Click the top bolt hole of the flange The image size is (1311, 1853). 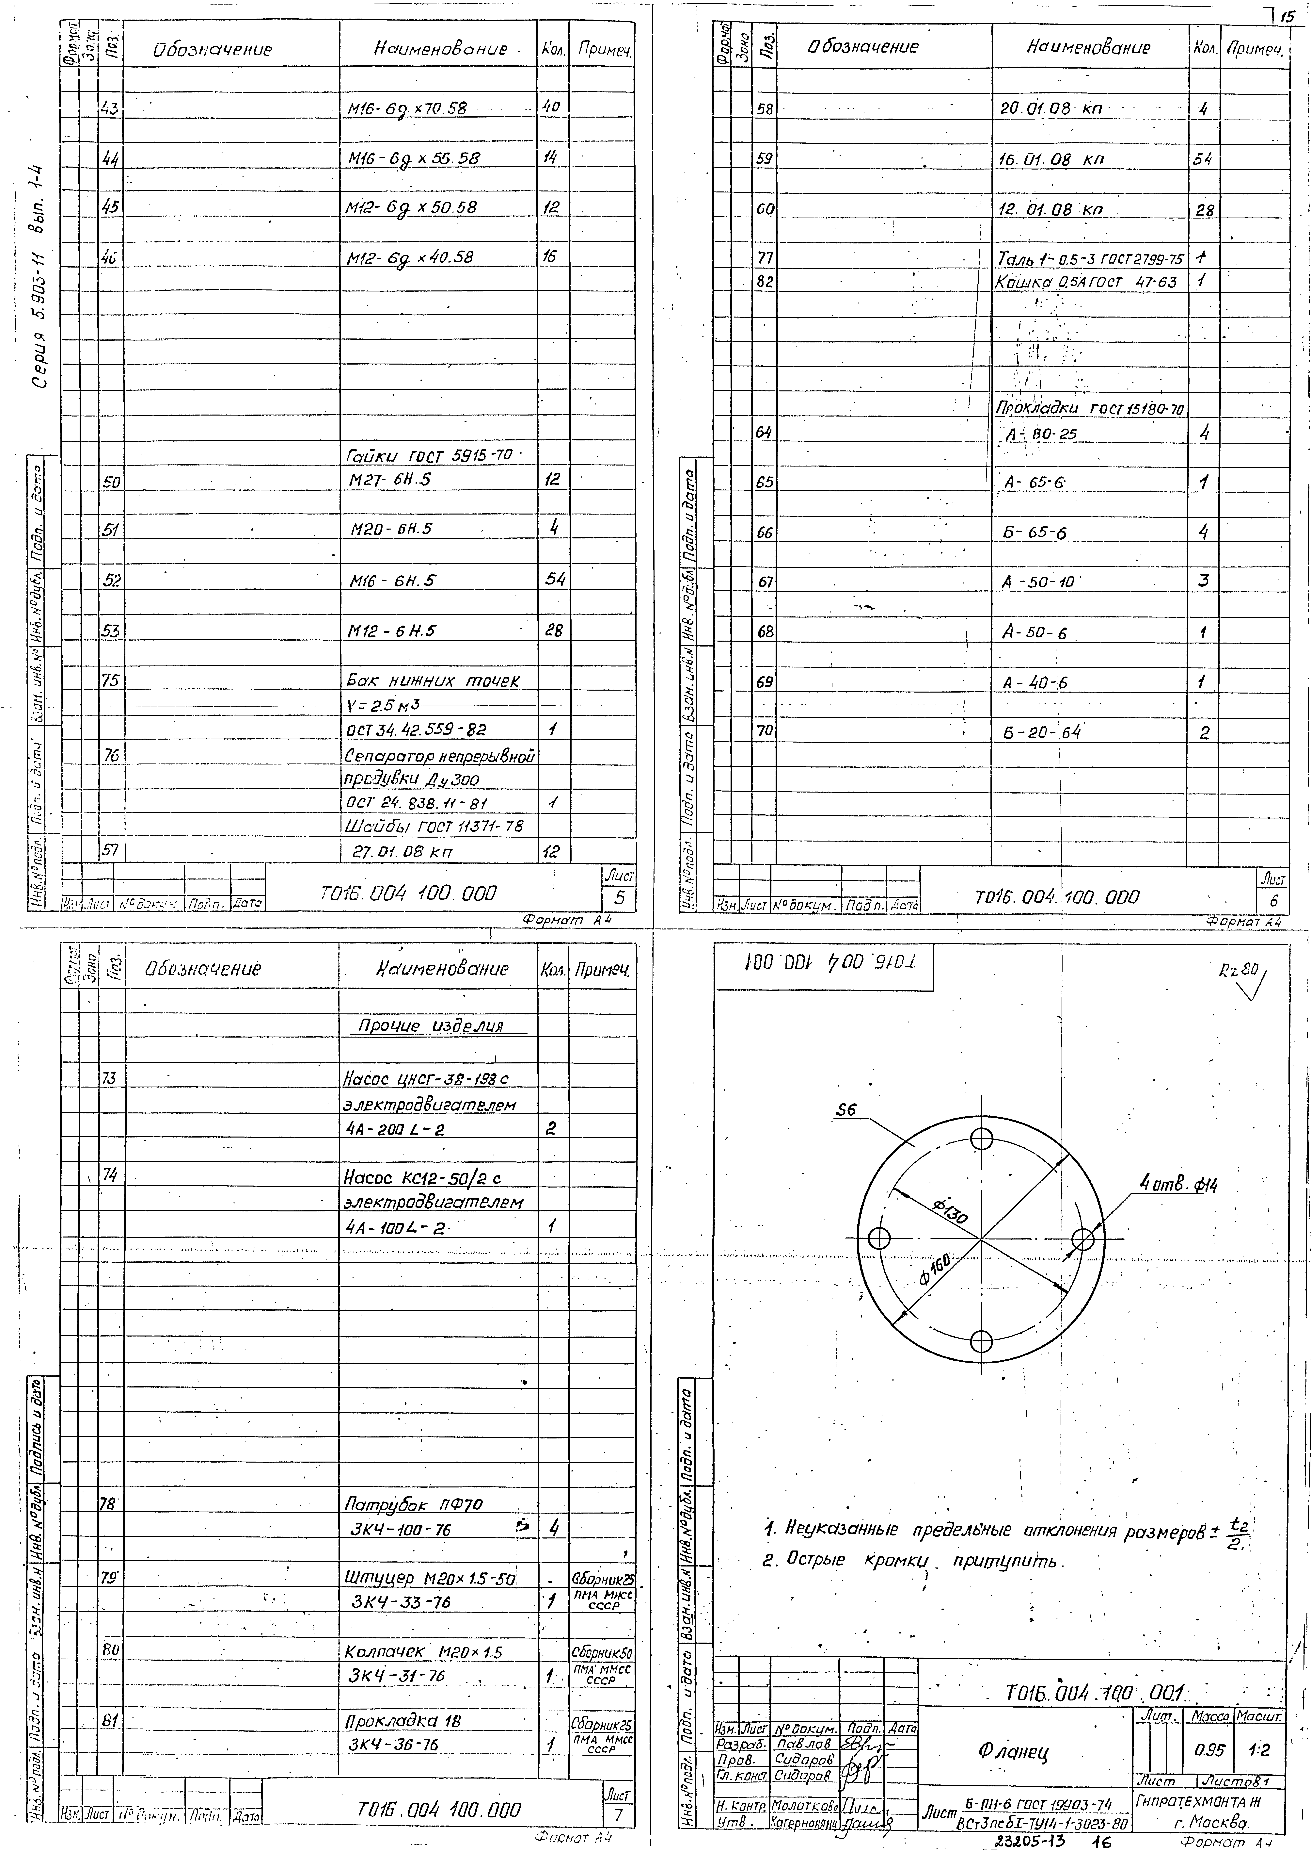coord(982,1139)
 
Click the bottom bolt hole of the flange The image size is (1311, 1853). coord(982,1342)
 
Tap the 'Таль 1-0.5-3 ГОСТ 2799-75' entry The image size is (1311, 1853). coord(1090,259)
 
